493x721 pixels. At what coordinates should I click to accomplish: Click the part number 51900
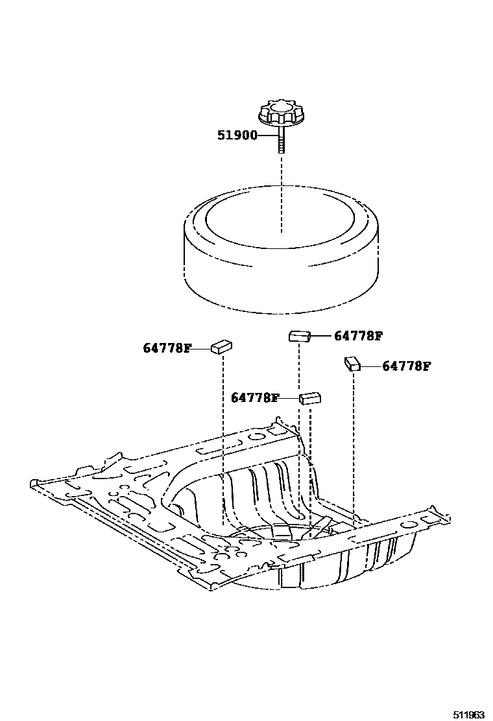pyautogui.click(x=236, y=136)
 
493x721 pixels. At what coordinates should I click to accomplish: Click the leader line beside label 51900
pyautogui.click(x=268, y=136)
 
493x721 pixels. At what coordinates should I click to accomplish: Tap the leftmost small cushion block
pyautogui.click(x=222, y=347)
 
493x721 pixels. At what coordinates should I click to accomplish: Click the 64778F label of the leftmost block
pyautogui.click(x=167, y=348)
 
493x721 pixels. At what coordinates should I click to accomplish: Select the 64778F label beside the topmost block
pyautogui.click(x=358, y=336)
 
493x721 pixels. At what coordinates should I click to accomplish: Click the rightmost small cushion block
pyautogui.click(x=352, y=364)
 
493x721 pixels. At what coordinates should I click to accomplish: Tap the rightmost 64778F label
pyautogui.click(x=406, y=366)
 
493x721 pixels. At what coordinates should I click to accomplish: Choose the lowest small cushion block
pyautogui.click(x=311, y=397)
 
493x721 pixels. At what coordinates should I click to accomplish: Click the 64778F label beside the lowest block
pyautogui.click(x=255, y=398)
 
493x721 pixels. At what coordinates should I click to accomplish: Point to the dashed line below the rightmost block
pyautogui.click(x=353, y=441)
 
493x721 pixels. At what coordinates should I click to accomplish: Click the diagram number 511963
pyautogui.click(x=468, y=714)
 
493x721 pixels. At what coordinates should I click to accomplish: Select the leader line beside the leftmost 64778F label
pyautogui.click(x=202, y=348)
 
